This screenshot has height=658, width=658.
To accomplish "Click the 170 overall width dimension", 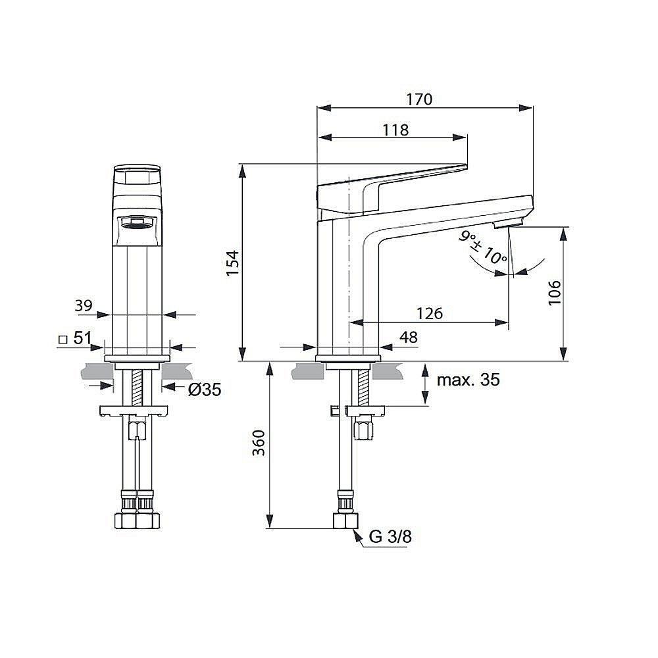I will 419,99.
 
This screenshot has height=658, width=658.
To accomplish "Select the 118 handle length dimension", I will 395,130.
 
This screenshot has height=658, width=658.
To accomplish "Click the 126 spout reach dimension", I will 428,313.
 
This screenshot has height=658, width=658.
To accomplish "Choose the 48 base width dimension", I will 409,338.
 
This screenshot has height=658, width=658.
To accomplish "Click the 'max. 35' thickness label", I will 469,380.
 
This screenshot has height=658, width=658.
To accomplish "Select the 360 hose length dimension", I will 259,443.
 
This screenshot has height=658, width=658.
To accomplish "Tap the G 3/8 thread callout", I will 390,537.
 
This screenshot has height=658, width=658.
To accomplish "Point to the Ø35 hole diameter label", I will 205,390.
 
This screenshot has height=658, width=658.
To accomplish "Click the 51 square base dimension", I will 82,339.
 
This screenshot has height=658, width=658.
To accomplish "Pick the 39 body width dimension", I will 83,305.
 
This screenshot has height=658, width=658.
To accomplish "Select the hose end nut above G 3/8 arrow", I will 345,520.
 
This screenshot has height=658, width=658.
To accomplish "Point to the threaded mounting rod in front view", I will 138,388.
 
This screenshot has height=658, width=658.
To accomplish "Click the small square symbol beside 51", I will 63,340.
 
